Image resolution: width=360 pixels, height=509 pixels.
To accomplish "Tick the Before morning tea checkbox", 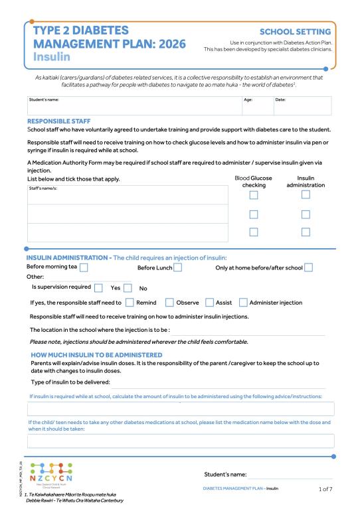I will (x=84, y=267).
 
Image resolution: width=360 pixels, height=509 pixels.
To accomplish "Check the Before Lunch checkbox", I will (x=177, y=267).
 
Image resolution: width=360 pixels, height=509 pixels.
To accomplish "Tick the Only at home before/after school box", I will (x=308, y=267).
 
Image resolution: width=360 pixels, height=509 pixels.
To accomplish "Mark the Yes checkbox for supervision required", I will (x=98, y=288).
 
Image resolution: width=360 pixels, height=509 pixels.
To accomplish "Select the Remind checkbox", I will (x=130, y=303).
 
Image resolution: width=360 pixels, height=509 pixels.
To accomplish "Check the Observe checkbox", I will (x=169, y=303).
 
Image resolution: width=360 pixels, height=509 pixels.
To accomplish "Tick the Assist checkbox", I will (x=210, y=303).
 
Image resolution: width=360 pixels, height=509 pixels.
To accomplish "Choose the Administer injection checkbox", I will (x=243, y=303).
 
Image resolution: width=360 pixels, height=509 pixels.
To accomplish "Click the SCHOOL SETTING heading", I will (x=295, y=32).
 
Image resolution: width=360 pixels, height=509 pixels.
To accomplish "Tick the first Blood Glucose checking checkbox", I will (x=253, y=195).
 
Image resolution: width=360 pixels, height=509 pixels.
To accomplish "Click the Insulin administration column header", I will (x=305, y=182).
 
